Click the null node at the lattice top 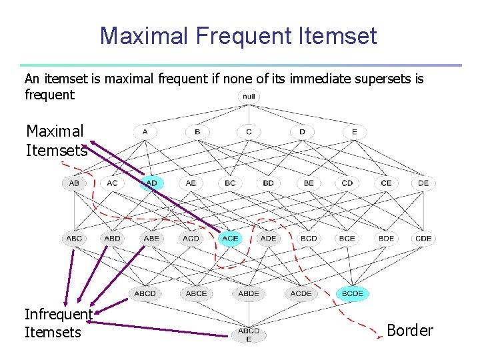coord(249,97)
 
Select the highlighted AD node coord(152,183)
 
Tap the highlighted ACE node coord(230,238)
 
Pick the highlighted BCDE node coord(353,293)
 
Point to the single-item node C coord(249,132)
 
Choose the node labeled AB coord(74,183)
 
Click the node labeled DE coord(423,183)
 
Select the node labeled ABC coord(74,238)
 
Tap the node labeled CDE coord(423,238)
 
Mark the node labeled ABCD coord(145,293)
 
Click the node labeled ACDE coord(301,293)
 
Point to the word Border coord(410,331)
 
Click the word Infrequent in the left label coord(58,314)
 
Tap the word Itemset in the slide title coord(339,35)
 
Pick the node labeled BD coord(268,183)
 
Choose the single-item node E coord(354,132)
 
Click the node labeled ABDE coord(249,293)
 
